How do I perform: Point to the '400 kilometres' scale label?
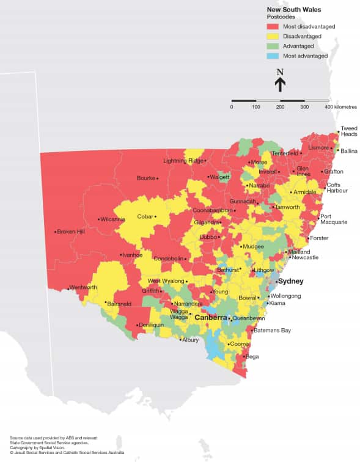pos(341,107)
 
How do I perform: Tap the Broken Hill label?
pos(72,232)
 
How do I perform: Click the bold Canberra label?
pos(210,318)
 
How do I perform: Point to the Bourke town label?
pos(145,178)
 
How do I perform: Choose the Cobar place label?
pos(145,216)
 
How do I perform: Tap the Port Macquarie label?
pos(334,219)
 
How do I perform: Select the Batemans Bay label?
pos(273,331)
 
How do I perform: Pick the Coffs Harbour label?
pos(337,188)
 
